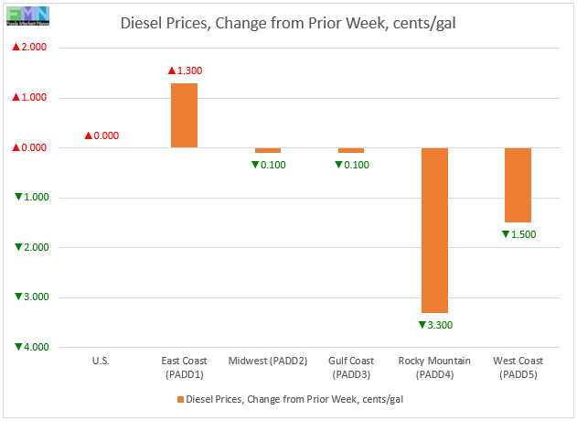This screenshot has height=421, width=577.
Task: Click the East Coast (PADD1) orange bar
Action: [x=184, y=115]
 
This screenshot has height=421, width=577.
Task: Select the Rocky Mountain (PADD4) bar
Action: [x=434, y=230]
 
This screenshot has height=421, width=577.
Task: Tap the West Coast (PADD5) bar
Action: [x=518, y=185]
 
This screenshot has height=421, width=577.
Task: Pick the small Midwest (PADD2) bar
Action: [x=268, y=150]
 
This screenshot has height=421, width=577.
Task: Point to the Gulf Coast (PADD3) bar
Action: [x=351, y=150]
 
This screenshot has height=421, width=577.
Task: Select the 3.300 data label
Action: [x=434, y=325]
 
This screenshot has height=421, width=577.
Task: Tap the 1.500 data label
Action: [x=518, y=234]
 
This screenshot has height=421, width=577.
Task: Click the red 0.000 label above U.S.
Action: [x=102, y=135]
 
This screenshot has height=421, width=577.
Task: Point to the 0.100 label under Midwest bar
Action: [x=268, y=165]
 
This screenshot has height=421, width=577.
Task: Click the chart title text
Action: [x=289, y=22]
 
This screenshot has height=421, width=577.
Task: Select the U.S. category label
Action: [x=101, y=361]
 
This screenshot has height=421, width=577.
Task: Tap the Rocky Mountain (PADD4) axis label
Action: [x=434, y=367]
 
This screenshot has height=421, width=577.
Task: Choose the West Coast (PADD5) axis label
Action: [x=518, y=367]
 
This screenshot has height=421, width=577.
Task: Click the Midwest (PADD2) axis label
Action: [x=268, y=361]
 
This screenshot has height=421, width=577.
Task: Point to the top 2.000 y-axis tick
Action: [x=31, y=48]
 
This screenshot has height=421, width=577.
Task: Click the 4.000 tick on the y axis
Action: [x=31, y=347]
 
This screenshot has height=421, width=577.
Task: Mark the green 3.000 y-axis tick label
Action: [x=31, y=297]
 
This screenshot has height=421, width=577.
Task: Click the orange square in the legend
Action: [x=178, y=399]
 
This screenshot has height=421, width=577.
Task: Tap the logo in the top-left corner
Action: [x=26, y=15]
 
